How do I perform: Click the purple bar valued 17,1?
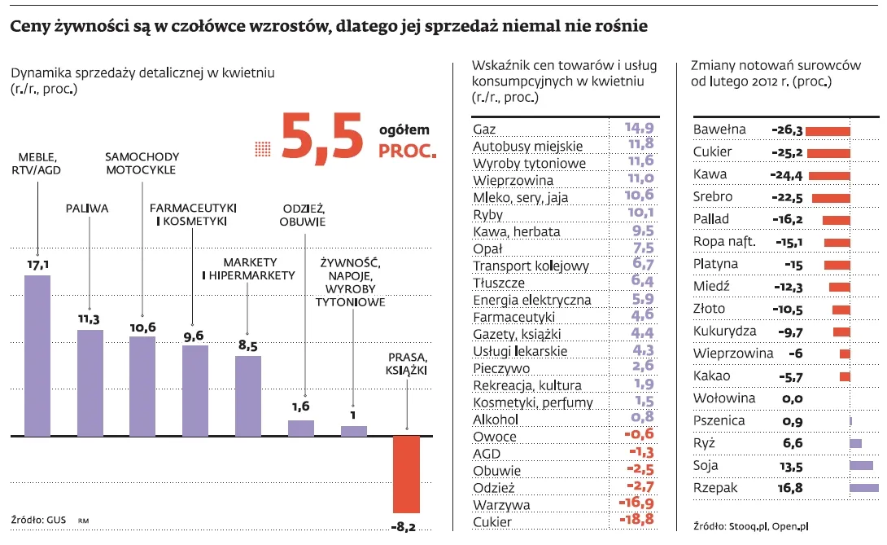37,355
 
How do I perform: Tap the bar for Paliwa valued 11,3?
90,382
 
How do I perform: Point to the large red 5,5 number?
321,138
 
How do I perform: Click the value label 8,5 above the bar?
247,345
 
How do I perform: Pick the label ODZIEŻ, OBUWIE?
302,214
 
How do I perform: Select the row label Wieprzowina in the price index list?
513,180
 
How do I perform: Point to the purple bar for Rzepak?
863,488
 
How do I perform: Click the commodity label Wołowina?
723,398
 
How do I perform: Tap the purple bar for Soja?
860,466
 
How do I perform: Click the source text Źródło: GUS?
37,519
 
